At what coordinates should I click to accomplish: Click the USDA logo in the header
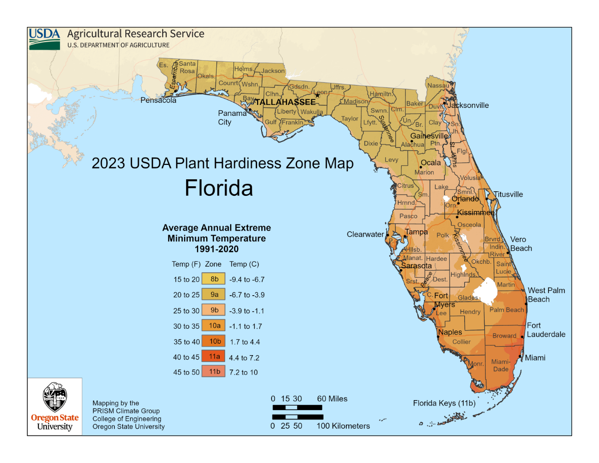click(x=44, y=38)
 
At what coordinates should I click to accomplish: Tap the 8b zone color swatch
click(x=214, y=279)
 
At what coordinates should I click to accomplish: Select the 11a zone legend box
click(x=214, y=357)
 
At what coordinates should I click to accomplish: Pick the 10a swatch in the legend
click(x=214, y=326)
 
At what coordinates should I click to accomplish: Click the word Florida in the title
click(x=219, y=188)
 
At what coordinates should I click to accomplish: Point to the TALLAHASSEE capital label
click(x=285, y=102)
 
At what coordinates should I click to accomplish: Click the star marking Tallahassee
click(x=317, y=95)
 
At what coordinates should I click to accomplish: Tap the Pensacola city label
click(x=158, y=100)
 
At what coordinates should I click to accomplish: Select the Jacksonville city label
click(x=468, y=105)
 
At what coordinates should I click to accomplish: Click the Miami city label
click(x=535, y=358)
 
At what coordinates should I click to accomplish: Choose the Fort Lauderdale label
click(x=546, y=330)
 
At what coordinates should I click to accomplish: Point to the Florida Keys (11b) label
click(x=444, y=403)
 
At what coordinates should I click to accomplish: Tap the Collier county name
click(x=461, y=342)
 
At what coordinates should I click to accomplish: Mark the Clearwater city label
click(x=365, y=234)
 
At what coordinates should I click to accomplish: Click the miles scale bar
click(x=298, y=408)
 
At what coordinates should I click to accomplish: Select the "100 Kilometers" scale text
click(x=343, y=426)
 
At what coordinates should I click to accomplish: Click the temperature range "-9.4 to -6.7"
click(x=247, y=280)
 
